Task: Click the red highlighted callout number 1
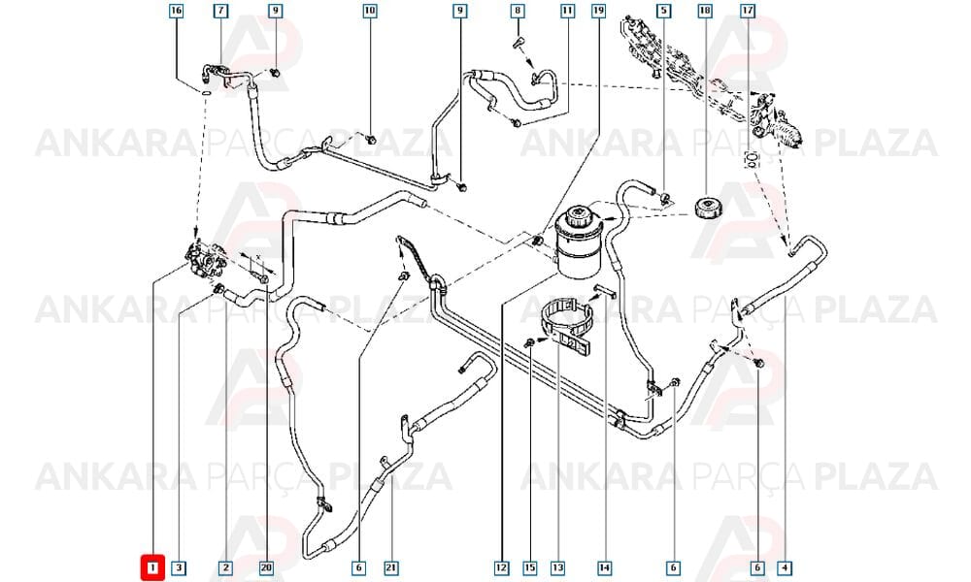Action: point(152,567)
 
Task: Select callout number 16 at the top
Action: point(177,11)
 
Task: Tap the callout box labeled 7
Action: point(221,11)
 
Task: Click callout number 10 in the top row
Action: point(370,11)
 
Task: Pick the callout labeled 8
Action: point(518,11)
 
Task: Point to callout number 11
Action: point(567,11)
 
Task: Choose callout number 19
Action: point(598,11)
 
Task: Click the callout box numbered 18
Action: point(705,11)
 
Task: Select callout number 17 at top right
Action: point(748,11)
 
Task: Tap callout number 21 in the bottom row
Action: point(391,567)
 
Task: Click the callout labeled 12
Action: point(502,567)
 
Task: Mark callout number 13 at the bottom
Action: point(557,567)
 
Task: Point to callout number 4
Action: point(785,567)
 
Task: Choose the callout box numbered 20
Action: point(266,567)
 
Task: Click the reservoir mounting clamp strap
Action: point(566,326)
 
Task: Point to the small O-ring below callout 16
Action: point(205,93)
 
